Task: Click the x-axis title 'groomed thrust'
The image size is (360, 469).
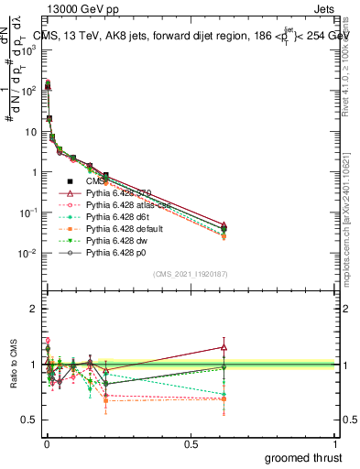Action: click(304, 456)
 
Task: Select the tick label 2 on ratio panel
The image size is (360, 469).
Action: click(31, 309)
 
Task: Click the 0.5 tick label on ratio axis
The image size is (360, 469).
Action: click(27, 420)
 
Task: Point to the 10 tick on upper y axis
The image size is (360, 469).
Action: click(28, 131)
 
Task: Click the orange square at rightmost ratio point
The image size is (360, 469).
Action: click(224, 398)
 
